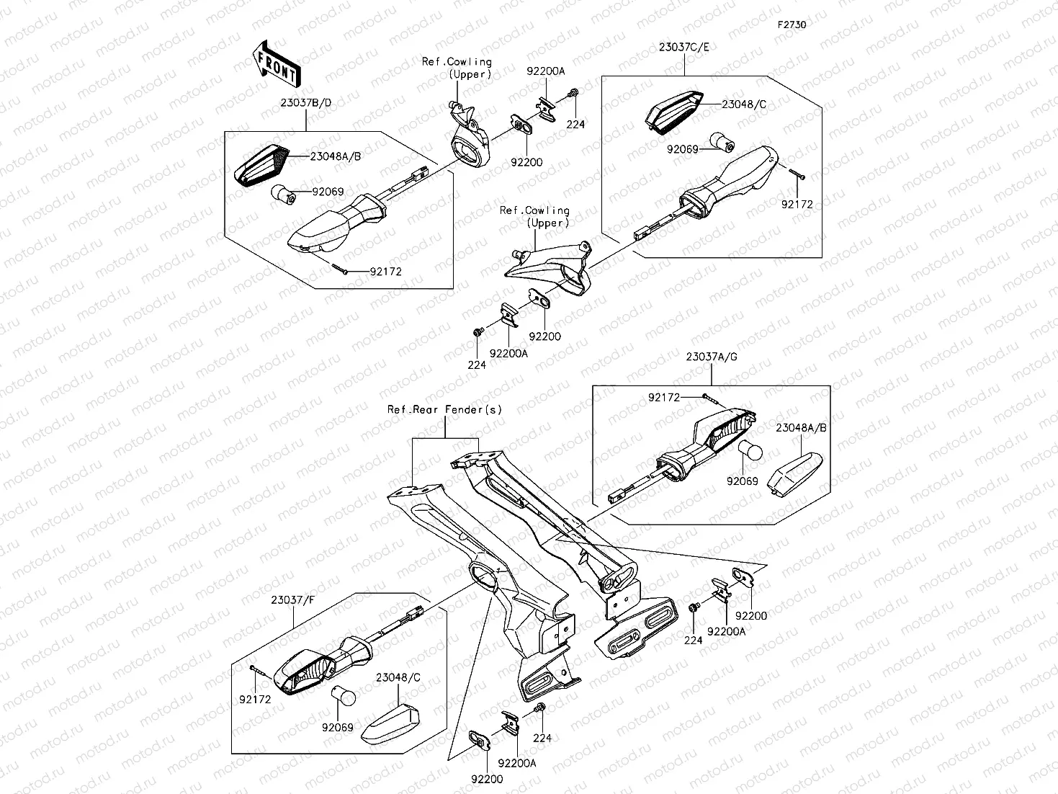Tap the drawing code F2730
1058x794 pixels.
coord(792,24)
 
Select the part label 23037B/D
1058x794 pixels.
coord(306,103)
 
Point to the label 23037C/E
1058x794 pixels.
coord(684,48)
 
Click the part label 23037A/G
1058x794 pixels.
coord(712,357)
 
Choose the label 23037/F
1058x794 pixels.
coord(292,600)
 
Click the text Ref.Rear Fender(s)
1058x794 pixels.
coord(444,410)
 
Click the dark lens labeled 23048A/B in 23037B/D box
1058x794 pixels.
coord(262,165)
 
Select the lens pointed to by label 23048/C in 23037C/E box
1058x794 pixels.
coord(674,112)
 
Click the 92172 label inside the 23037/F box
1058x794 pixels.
coord(255,700)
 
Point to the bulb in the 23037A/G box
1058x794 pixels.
coord(750,451)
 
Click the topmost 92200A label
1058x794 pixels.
coord(546,71)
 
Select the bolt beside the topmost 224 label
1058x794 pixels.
coord(573,92)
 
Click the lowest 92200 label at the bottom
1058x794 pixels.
coord(487,779)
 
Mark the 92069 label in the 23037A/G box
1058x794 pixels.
coord(743,481)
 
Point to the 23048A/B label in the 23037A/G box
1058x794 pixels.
coord(801,428)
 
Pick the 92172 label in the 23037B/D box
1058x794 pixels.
coord(385,272)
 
